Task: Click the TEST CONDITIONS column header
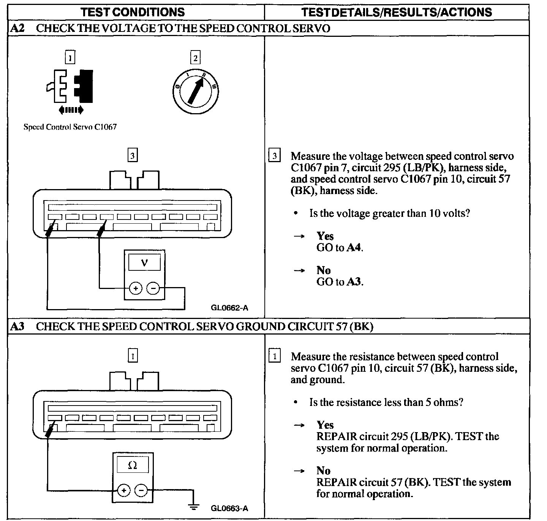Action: [x=133, y=12]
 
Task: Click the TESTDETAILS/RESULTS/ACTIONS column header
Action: [x=397, y=12]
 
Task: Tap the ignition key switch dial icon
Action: [x=195, y=90]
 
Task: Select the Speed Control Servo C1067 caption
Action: [x=70, y=127]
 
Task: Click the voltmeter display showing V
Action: [x=144, y=262]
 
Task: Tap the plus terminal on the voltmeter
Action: [x=136, y=289]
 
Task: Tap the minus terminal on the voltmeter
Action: [x=153, y=289]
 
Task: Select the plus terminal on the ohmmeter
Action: [x=123, y=491]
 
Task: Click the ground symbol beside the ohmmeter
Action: [x=194, y=507]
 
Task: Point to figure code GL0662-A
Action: [x=229, y=308]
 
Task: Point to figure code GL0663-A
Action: [x=229, y=508]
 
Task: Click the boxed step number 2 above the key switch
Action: [x=195, y=58]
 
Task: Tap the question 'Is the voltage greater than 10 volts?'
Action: [x=390, y=213]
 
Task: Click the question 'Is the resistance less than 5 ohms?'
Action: [x=386, y=402]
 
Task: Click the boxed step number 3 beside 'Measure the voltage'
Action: [x=275, y=156]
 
